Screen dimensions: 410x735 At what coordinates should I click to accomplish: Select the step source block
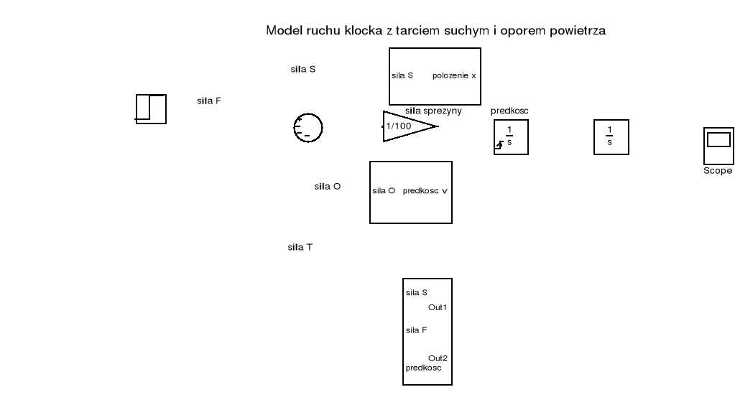click(151, 109)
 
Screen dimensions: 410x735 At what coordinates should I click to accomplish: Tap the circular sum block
click(308, 128)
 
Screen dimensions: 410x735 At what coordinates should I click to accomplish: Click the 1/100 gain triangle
click(407, 126)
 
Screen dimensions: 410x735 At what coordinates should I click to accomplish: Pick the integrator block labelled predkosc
click(511, 136)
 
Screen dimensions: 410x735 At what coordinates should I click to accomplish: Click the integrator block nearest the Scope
click(611, 136)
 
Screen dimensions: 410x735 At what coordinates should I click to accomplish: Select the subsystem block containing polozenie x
click(435, 76)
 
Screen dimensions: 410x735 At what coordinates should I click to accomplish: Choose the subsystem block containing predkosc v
click(410, 192)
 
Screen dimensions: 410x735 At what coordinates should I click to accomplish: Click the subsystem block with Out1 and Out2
click(427, 331)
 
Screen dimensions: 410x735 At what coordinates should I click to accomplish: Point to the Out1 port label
click(438, 307)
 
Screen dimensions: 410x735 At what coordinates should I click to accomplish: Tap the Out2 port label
click(438, 358)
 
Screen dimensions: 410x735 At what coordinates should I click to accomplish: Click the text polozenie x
click(454, 75)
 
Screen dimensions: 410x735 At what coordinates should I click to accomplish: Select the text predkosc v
click(425, 191)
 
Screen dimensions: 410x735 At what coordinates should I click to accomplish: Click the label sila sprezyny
click(433, 111)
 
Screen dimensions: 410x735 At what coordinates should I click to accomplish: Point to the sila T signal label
click(300, 247)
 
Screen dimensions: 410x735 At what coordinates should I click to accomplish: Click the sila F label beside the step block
click(208, 101)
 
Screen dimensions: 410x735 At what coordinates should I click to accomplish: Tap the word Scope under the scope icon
click(718, 171)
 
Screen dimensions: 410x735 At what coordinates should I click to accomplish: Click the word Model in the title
click(281, 31)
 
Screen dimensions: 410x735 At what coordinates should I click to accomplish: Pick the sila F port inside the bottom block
click(417, 330)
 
